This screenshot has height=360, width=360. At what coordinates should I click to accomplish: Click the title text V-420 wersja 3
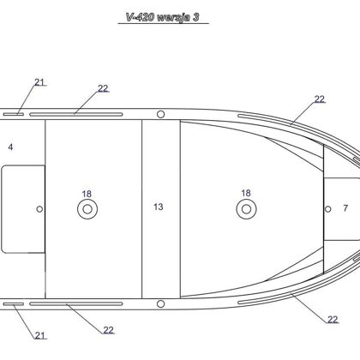[x=163, y=17]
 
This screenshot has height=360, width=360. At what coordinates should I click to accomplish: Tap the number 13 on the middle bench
[x=159, y=207]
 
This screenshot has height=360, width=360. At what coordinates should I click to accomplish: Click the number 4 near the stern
[x=10, y=147]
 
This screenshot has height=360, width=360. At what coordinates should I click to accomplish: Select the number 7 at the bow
[x=345, y=208]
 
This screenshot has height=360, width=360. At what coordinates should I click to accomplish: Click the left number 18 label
[x=87, y=194]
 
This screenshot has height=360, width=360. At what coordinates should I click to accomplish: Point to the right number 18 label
[x=246, y=193]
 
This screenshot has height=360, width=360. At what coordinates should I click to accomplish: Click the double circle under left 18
[x=87, y=209]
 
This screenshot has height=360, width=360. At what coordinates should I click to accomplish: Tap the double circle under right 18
[x=246, y=209]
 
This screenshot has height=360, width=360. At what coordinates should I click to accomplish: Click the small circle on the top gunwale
[x=161, y=114]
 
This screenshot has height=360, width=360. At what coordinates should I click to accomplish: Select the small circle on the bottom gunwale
[x=161, y=303]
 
